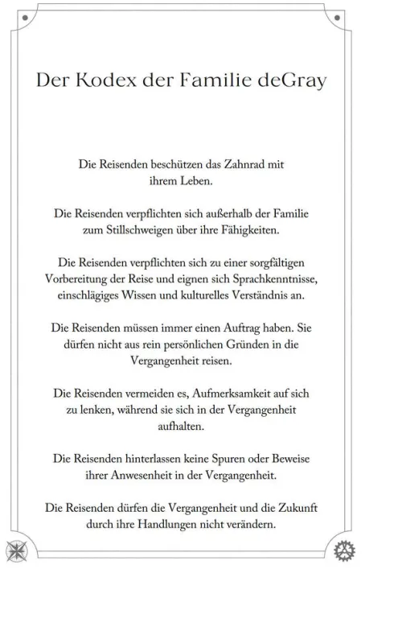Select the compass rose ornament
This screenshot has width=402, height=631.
point(16,550)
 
